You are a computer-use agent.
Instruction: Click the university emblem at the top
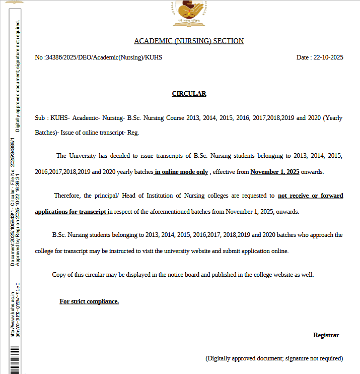[x=189, y=14]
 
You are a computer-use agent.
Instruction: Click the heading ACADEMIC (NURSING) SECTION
[x=189, y=41]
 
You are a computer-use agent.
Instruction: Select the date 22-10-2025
[x=328, y=57]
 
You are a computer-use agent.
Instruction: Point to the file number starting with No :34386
[x=98, y=57]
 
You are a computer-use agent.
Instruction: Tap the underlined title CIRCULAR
[x=189, y=94]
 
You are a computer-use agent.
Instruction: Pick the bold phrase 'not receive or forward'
[x=310, y=196]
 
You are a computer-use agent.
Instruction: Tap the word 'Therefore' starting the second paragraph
[x=67, y=196]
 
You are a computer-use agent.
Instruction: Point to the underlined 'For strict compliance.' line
[x=89, y=301]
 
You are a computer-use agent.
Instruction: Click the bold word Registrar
[x=326, y=335]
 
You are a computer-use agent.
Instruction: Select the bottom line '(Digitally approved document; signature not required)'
[x=274, y=358]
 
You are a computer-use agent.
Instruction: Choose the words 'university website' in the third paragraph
[x=218, y=251]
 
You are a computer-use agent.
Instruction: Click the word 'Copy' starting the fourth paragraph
[x=59, y=275]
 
